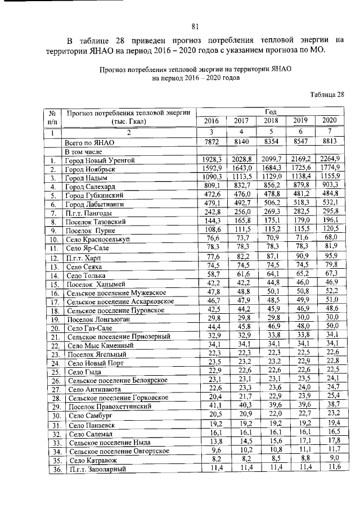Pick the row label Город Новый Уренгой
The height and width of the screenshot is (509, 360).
click(100, 160)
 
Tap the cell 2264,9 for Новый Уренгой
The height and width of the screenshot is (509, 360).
click(330, 160)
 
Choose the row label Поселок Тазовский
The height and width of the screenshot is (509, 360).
click(96, 221)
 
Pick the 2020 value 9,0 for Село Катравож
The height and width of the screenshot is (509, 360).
click(332, 459)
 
